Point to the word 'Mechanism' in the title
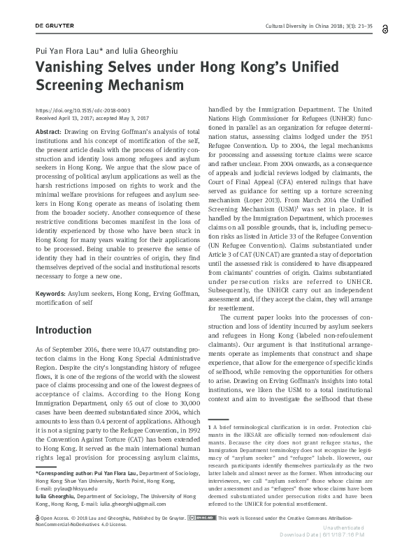coord(152,85)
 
